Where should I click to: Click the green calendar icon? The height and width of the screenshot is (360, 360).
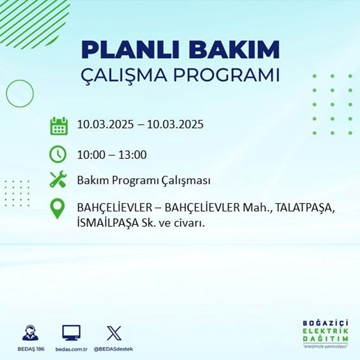[x=58, y=126]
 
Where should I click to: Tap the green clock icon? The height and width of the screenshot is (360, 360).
[x=58, y=155]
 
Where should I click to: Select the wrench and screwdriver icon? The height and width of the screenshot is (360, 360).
[x=58, y=180]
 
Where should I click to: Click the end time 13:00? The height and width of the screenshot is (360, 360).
[x=134, y=155]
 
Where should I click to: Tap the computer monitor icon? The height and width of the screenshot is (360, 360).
[x=71, y=333]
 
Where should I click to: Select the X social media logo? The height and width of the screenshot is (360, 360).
[x=114, y=333]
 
